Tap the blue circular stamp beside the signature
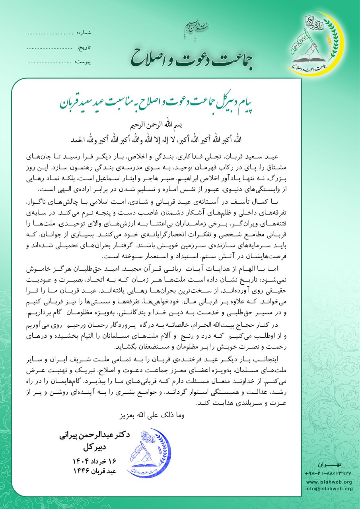click(148, 453)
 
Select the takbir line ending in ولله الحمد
click(180, 139)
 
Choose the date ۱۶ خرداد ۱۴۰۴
click(94, 461)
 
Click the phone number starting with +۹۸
click(329, 474)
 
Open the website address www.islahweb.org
click(329, 482)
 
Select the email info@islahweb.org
click(329, 488)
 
